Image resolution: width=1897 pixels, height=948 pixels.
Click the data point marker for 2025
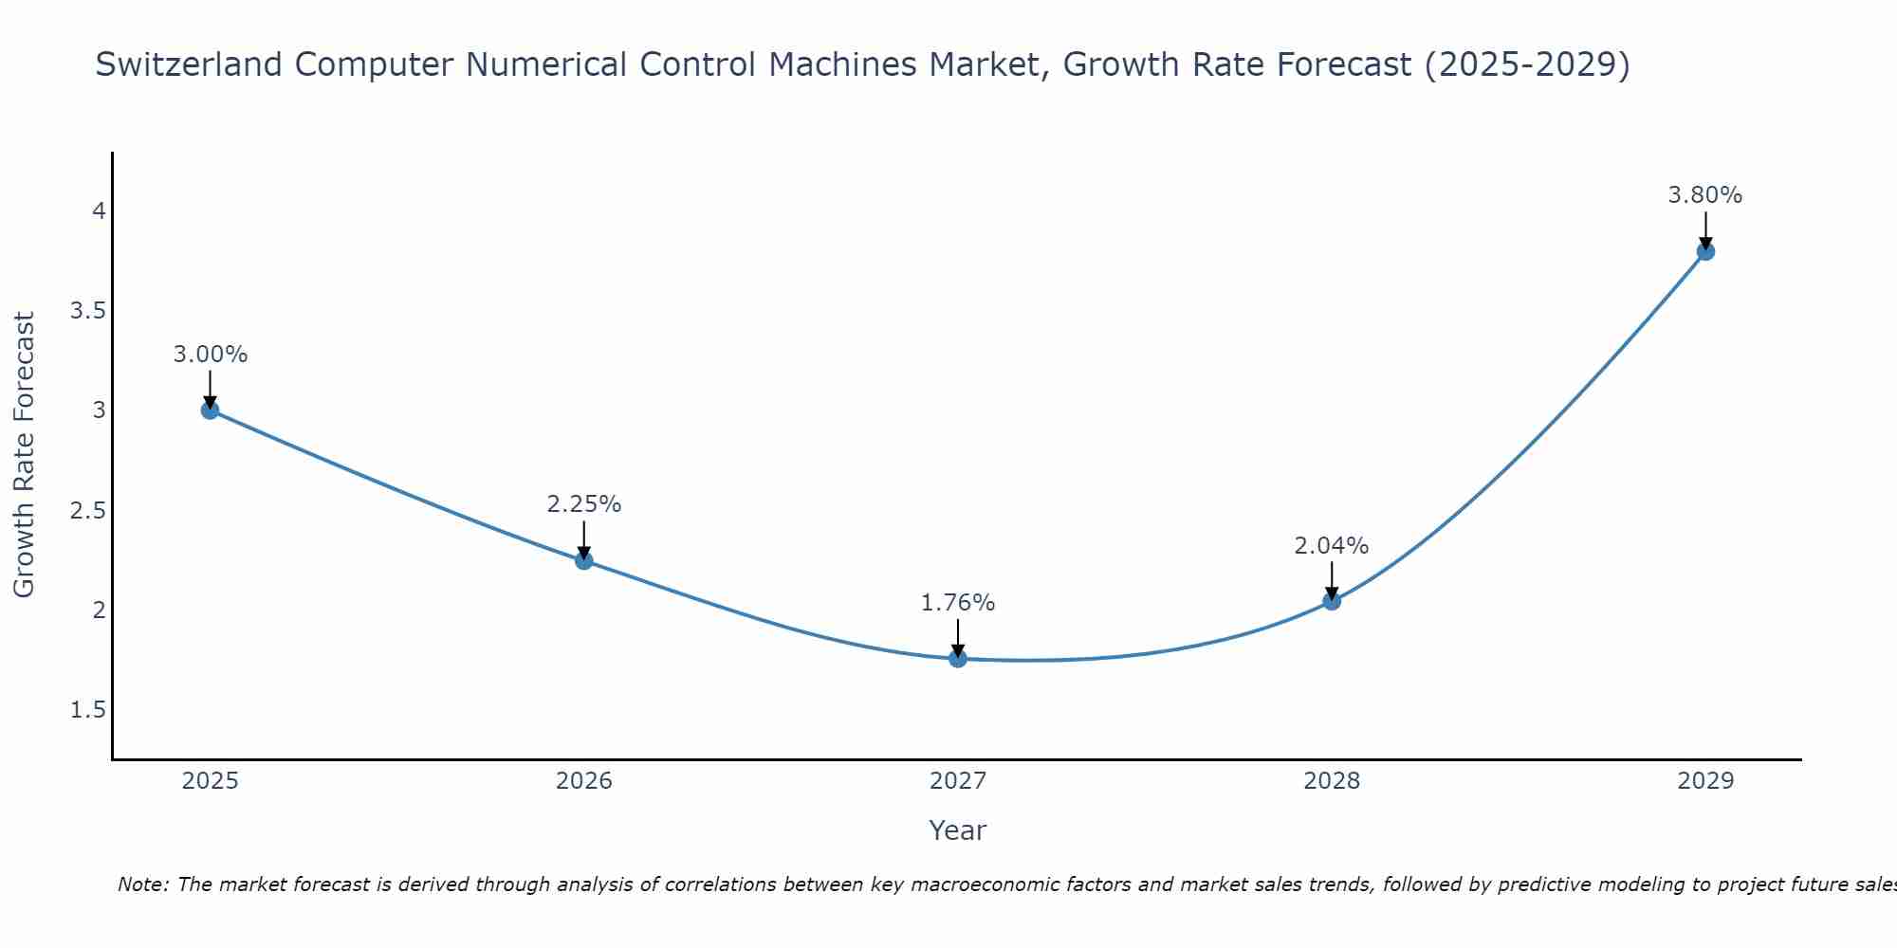click(x=210, y=410)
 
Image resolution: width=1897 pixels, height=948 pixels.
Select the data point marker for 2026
click(x=584, y=560)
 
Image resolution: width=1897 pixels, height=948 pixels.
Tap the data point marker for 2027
click(x=958, y=658)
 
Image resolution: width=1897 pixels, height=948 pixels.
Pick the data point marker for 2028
click(x=1332, y=600)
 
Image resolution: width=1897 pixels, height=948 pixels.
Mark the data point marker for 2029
click(x=1705, y=251)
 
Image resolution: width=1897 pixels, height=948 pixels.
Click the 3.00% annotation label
click(x=210, y=355)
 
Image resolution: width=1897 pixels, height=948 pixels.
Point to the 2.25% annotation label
click(x=584, y=504)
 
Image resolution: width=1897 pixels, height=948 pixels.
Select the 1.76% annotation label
click(x=958, y=603)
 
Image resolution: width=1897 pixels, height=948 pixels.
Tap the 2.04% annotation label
click(x=1332, y=546)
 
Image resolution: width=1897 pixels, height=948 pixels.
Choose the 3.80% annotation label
click(x=1705, y=195)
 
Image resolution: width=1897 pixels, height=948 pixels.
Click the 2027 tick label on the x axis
click(x=958, y=781)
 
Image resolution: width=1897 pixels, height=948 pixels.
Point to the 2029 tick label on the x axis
click(x=1705, y=781)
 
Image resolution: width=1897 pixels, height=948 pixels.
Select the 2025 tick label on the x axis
click(x=210, y=781)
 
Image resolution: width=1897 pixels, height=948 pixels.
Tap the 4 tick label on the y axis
click(x=99, y=210)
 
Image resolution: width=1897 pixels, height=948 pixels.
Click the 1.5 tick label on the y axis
click(x=87, y=710)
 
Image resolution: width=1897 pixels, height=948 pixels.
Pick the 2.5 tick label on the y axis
click(x=87, y=510)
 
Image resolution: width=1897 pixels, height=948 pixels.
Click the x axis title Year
click(x=958, y=830)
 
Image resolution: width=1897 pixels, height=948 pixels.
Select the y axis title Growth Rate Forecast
click(x=25, y=455)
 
